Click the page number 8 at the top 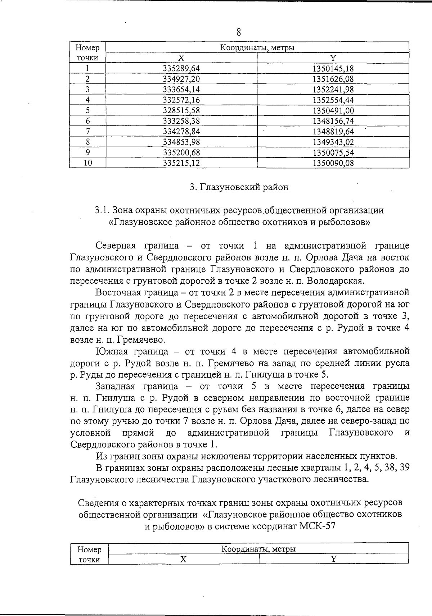(x=238, y=32)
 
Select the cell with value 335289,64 (x=181, y=68)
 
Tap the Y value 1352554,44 (x=333, y=100)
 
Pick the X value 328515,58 (x=181, y=111)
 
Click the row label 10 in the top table (x=87, y=163)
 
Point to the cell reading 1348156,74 (x=333, y=121)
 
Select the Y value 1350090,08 (x=333, y=163)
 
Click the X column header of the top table (x=181, y=58)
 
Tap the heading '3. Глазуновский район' (x=239, y=187)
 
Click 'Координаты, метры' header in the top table (x=257, y=48)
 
